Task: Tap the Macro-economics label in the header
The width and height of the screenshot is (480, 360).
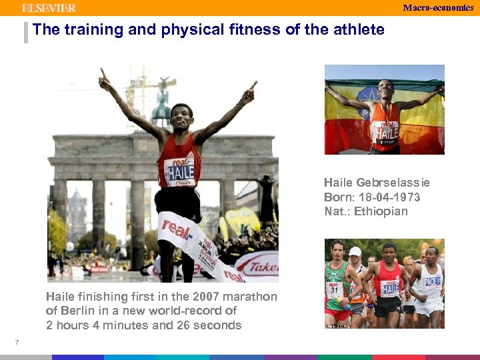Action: (438, 7)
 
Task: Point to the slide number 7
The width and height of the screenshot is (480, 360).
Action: (16, 343)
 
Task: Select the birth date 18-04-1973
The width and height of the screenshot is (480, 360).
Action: (390, 197)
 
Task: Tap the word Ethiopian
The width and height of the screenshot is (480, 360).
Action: (381, 212)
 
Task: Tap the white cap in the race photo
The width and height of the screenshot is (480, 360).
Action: (355, 252)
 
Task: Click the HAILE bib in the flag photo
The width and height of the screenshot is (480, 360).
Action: (386, 130)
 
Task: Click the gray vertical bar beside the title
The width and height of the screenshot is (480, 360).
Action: (26, 32)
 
